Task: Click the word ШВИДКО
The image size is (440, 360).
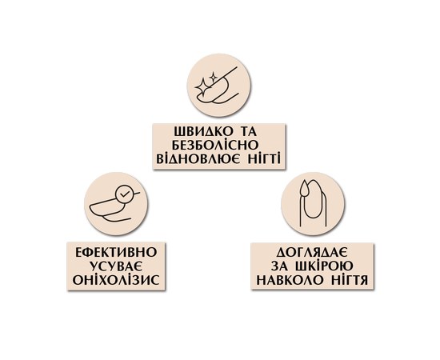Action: (x=202, y=131)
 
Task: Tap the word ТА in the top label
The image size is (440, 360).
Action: (x=250, y=131)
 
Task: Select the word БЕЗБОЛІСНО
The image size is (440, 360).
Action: (x=216, y=145)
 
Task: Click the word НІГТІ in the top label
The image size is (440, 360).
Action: (x=265, y=158)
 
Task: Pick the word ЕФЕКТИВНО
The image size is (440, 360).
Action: (x=116, y=252)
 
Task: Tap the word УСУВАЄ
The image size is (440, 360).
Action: (x=116, y=266)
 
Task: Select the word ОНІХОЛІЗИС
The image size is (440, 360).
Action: (x=116, y=279)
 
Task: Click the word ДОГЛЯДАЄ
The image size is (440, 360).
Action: (x=312, y=252)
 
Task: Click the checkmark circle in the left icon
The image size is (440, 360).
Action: (x=123, y=194)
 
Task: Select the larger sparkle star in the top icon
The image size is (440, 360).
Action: (x=202, y=85)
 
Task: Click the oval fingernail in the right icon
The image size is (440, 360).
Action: (x=313, y=200)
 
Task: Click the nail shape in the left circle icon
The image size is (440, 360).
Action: (x=107, y=208)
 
